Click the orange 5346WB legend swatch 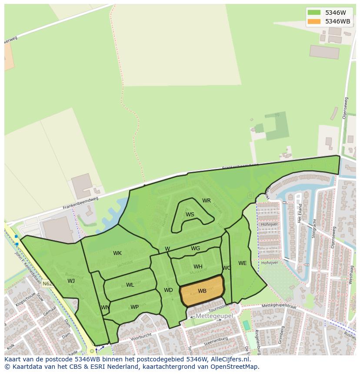tap(313, 21)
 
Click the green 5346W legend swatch tap(313, 13)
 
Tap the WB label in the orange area tap(202, 291)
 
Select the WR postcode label tap(207, 201)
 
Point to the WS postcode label tap(190, 215)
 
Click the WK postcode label tap(117, 253)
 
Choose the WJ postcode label tap(71, 281)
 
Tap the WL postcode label tap(130, 285)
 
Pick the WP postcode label tap(134, 307)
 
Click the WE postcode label tap(242, 263)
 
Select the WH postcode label tap(198, 267)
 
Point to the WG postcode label tap(196, 248)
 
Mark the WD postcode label tap(168, 290)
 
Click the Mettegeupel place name tap(214, 316)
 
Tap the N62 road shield tap(47, 284)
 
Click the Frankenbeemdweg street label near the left tap(80, 203)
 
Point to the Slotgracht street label tap(313, 228)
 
